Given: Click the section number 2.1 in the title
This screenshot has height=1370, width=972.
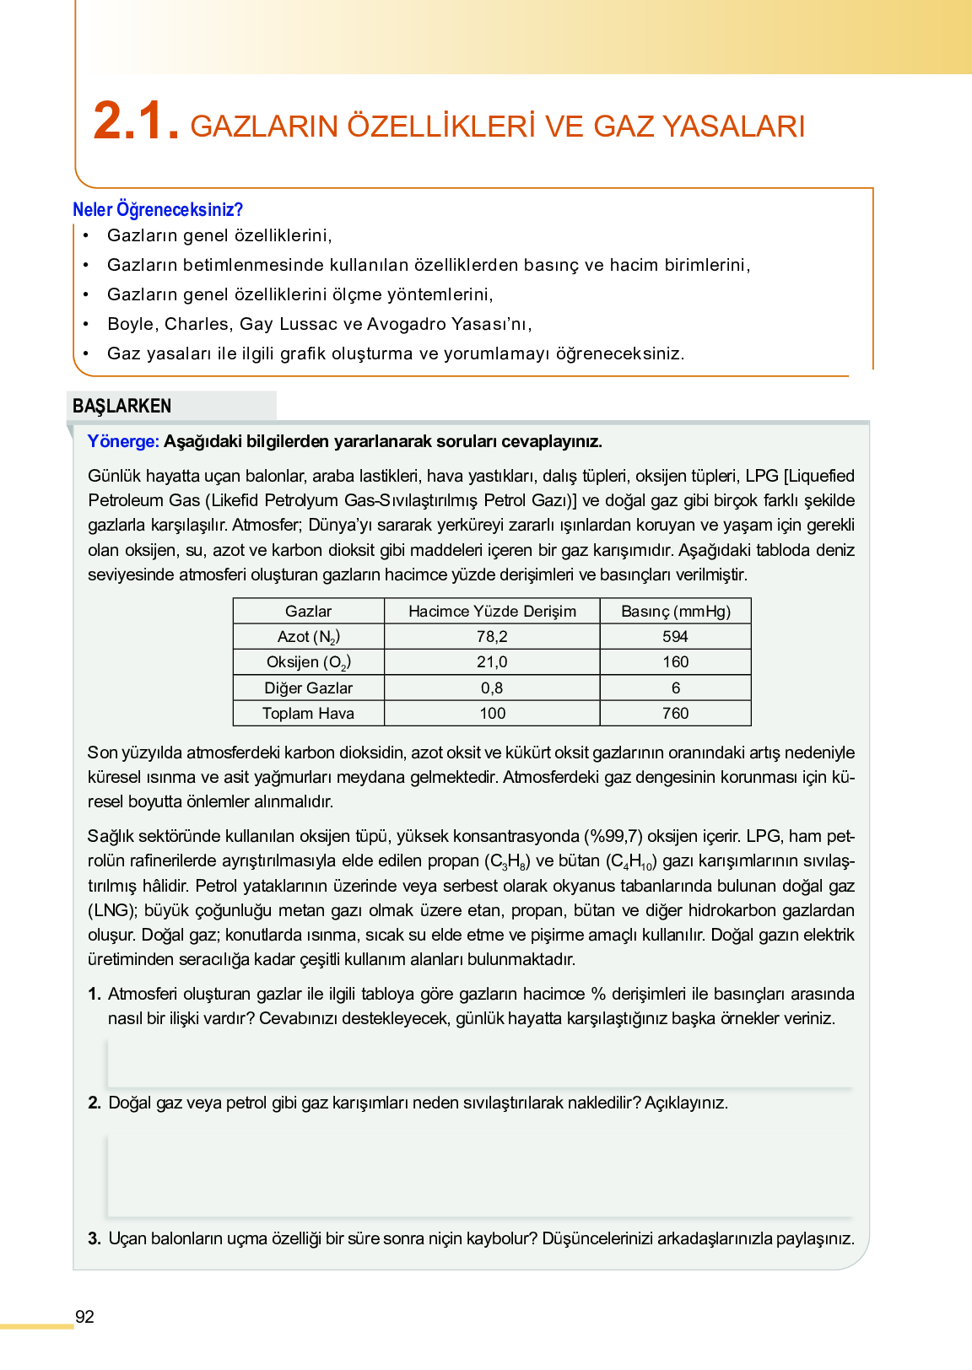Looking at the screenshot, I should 136,121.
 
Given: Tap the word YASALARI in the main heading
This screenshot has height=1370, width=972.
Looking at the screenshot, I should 733,126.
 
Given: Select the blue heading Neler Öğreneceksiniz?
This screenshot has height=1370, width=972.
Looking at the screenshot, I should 158,210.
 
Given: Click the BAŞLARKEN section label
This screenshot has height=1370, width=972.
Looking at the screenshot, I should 122,406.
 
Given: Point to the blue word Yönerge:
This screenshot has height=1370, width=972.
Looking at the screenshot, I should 123,441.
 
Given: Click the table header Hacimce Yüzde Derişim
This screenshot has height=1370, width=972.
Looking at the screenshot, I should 492,612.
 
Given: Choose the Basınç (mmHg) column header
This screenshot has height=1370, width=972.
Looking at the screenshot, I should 675,612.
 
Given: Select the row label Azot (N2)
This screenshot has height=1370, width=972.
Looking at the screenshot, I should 309,637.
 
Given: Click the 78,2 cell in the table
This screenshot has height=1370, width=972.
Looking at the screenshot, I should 492,637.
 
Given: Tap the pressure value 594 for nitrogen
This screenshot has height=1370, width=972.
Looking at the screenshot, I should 675,637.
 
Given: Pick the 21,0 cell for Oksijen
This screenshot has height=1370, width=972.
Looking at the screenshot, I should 492,662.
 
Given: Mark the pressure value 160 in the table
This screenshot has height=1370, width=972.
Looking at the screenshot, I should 675,662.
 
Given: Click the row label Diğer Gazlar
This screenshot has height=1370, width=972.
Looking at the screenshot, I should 309,688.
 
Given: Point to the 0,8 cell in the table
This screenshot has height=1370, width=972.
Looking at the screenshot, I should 492,688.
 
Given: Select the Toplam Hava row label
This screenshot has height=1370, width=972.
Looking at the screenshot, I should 309,714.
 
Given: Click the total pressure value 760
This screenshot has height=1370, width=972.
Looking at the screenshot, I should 675,714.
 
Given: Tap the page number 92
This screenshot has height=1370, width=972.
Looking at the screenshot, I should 84,1317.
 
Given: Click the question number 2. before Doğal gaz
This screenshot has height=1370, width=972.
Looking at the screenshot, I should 94,1103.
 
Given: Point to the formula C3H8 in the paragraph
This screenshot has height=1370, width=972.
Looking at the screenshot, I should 508,862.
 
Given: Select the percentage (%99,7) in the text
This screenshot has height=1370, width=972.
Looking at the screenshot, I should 613,837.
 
